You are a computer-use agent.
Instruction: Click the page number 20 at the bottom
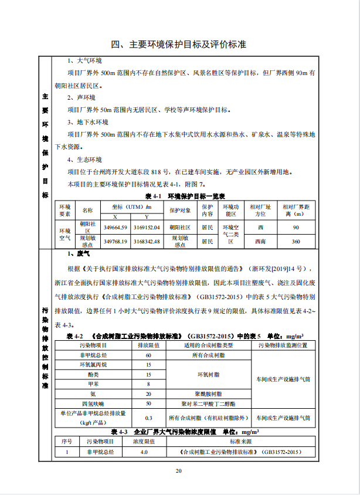click(179, 470)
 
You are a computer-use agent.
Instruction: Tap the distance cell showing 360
click(296, 241)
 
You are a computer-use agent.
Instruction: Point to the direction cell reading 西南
click(260, 241)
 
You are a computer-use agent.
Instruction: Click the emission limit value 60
click(148, 355)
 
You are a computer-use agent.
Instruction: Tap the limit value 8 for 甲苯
click(148, 384)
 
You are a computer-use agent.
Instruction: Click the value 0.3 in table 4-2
click(148, 418)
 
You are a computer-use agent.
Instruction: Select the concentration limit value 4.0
click(144, 452)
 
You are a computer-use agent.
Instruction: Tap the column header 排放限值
click(148, 346)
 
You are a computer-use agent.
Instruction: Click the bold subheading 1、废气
click(79, 254)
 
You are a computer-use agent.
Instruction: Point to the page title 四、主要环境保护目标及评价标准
click(179, 45)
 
